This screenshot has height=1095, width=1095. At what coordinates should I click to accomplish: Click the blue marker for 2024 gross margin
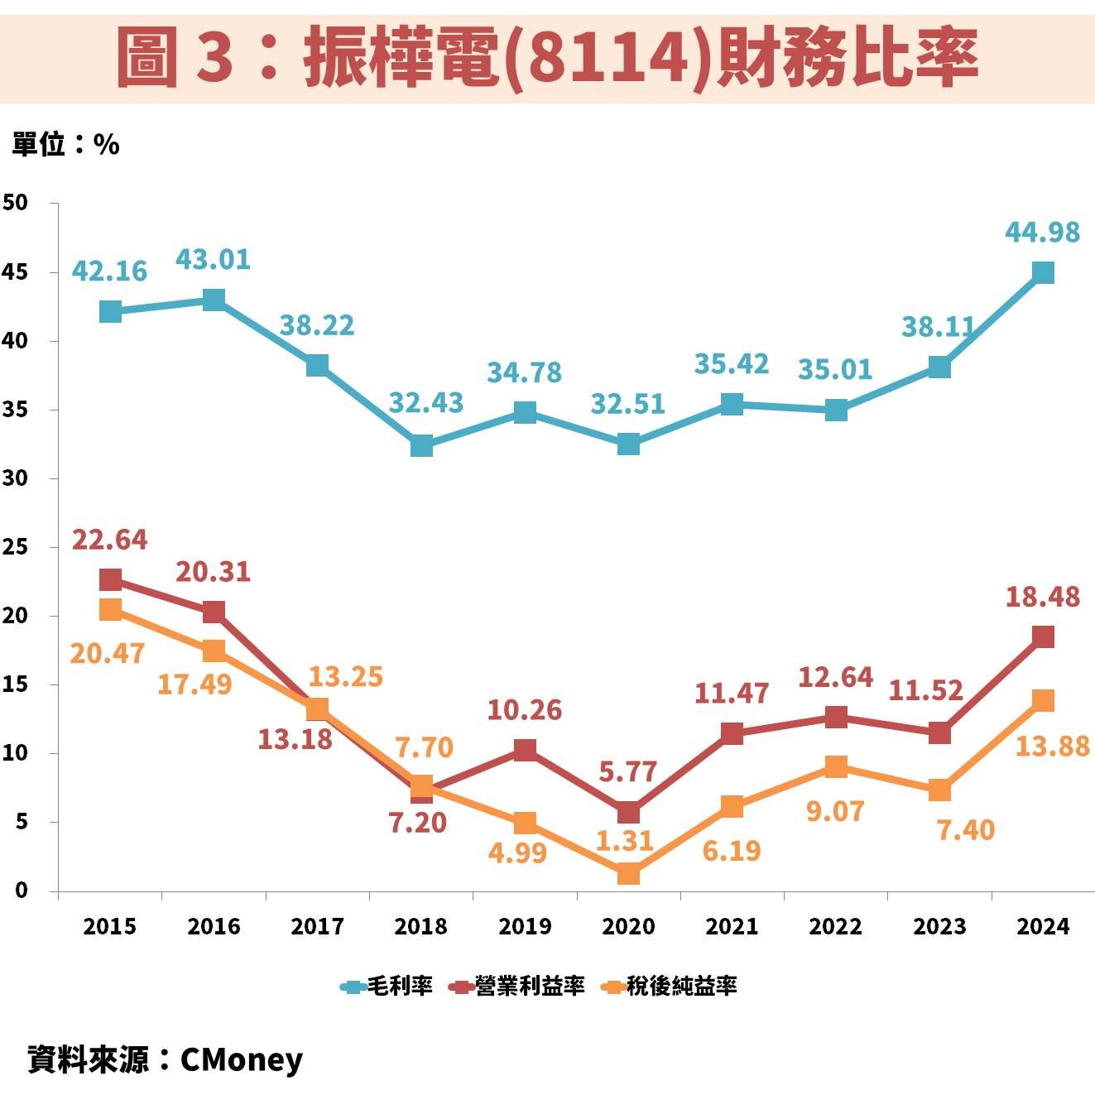pyautogui.click(x=1043, y=272)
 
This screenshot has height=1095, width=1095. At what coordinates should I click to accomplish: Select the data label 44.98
pyautogui.click(x=1042, y=233)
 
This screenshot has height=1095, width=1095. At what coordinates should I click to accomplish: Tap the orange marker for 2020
pyautogui.click(x=628, y=873)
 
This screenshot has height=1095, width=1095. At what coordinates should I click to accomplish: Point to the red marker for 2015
pyautogui.click(x=110, y=579)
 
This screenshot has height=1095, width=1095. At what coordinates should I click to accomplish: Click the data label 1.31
pyautogui.click(x=626, y=841)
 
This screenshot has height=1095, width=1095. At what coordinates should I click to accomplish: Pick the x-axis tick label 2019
pyautogui.click(x=525, y=926)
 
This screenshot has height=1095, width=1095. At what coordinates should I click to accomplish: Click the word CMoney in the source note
pyautogui.click(x=241, y=1059)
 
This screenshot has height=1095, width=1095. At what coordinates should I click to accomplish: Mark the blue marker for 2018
pyautogui.click(x=421, y=445)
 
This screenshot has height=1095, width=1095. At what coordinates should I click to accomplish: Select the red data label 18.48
pyautogui.click(x=1042, y=597)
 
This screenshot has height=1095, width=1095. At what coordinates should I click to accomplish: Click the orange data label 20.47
pyautogui.click(x=108, y=653)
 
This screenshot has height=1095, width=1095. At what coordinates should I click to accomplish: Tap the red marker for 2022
pyautogui.click(x=836, y=717)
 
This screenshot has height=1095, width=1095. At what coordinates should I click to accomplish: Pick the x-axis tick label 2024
pyautogui.click(x=1043, y=926)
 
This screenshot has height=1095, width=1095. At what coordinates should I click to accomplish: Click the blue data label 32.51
pyautogui.click(x=627, y=404)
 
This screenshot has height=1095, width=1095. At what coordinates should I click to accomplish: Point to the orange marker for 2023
pyautogui.click(x=939, y=790)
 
